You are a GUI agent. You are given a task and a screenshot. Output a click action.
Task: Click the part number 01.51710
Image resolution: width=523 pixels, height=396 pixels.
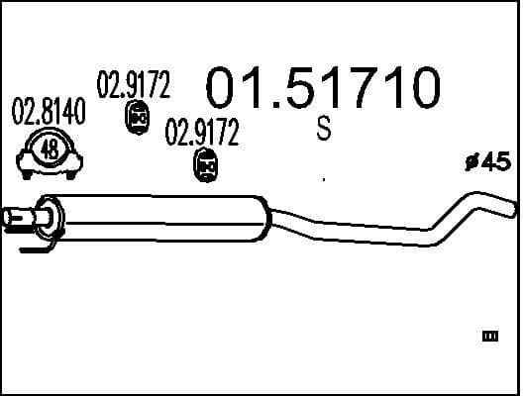click(x=321, y=88)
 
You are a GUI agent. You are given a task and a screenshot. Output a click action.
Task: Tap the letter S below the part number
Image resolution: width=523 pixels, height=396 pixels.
click(x=323, y=130)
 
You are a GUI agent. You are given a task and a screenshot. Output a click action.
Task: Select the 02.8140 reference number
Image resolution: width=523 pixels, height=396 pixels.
click(x=49, y=113)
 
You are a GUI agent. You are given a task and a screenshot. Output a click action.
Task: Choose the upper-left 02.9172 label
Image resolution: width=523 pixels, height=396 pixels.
click(x=133, y=86)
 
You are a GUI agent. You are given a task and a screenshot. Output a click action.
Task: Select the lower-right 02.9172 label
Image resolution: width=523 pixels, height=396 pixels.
click(x=202, y=133)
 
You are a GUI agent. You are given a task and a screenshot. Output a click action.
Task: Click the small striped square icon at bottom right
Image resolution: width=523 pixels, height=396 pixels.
click(x=489, y=338)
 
